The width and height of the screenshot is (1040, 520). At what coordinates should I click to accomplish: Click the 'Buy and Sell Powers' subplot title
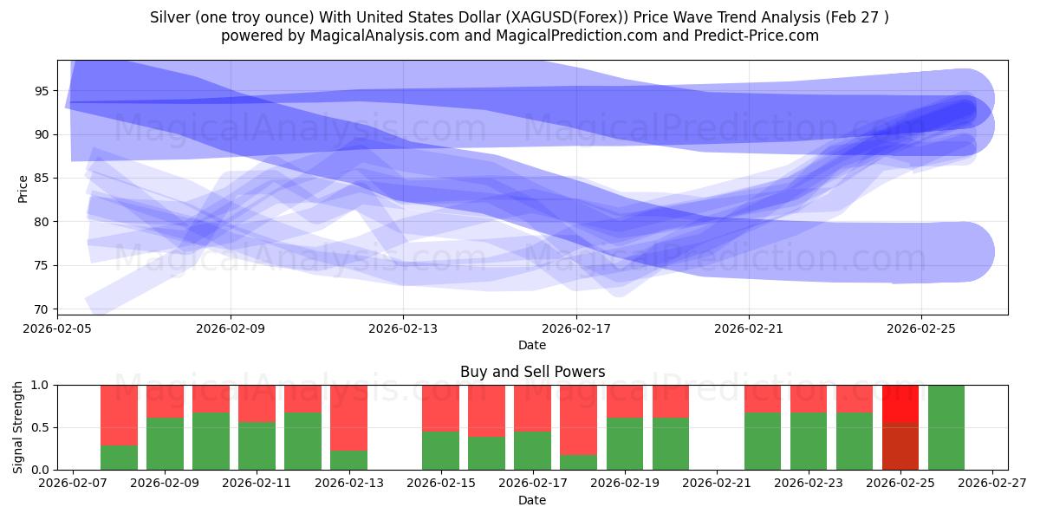[532, 372]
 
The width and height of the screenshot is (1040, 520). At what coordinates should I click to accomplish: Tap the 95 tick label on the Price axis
[42, 91]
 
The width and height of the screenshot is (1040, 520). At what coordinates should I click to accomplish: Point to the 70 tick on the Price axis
[42, 309]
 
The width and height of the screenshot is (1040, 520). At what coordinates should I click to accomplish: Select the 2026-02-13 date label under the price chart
[403, 328]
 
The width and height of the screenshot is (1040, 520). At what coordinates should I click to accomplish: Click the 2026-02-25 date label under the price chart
[921, 328]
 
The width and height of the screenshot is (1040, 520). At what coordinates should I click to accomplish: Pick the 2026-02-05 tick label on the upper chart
[57, 328]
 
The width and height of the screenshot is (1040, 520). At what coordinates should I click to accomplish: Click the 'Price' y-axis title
[23, 189]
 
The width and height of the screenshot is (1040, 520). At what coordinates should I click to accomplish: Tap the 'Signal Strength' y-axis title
[17, 427]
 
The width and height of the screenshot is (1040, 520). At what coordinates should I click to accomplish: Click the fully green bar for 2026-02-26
[946, 427]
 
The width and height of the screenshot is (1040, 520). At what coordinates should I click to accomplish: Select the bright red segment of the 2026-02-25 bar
[900, 404]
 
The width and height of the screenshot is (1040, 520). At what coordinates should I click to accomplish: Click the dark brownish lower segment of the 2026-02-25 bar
[900, 446]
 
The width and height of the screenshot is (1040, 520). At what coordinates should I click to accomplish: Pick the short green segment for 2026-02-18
[579, 463]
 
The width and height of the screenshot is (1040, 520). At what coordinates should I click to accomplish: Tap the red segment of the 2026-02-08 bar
[120, 415]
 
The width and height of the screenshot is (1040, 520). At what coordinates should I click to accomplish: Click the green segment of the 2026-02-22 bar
[763, 441]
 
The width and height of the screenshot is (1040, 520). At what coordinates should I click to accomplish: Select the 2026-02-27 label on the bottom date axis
[992, 484]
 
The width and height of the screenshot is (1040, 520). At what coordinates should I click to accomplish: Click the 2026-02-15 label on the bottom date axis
[441, 484]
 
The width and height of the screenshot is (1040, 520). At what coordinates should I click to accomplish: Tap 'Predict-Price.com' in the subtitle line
[757, 36]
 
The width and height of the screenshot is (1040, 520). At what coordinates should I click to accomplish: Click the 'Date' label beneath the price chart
[532, 345]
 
